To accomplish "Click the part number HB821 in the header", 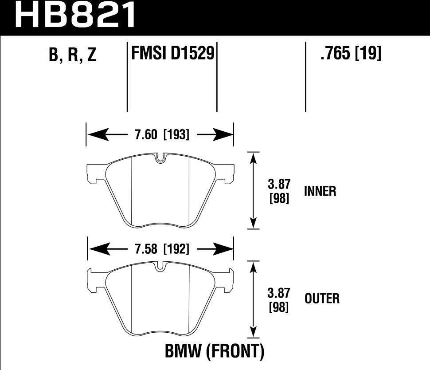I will (x=76, y=16).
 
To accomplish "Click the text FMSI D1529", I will (x=172, y=54).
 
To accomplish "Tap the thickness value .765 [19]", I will (x=350, y=54).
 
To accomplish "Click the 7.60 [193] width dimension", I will (x=160, y=134).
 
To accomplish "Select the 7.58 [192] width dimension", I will (x=160, y=249).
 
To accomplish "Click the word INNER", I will (x=320, y=191).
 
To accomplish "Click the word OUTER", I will (x=322, y=299).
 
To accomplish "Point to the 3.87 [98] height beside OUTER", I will (x=279, y=299).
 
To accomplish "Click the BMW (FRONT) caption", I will (x=215, y=352).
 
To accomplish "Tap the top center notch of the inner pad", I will (x=161, y=158).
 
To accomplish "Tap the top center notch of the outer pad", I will (x=161, y=268).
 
